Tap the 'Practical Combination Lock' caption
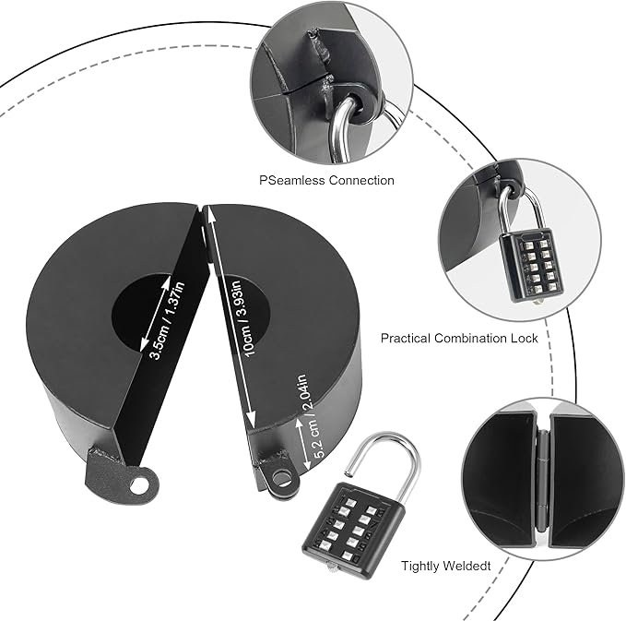pyautogui.click(x=459, y=338)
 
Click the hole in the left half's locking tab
pyautogui.click(x=140, y=481)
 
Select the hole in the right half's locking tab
pyautogui.click(x=281, y=478)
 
